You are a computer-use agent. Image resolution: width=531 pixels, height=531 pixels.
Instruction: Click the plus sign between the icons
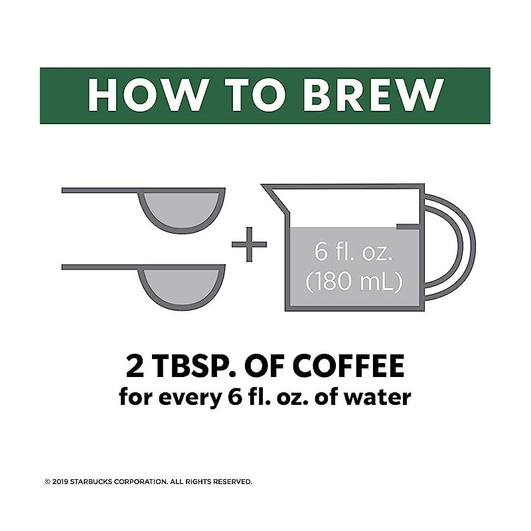(x=249, y=245)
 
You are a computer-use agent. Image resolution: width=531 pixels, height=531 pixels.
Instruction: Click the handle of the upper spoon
(x=100, y=191)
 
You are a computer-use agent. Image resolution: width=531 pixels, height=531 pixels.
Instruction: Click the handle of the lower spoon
(x=100, y=267)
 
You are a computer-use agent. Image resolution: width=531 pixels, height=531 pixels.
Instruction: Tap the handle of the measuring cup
(x=458, y=246)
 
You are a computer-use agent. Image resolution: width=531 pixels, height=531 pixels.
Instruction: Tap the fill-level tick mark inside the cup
(x=408, y=227)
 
